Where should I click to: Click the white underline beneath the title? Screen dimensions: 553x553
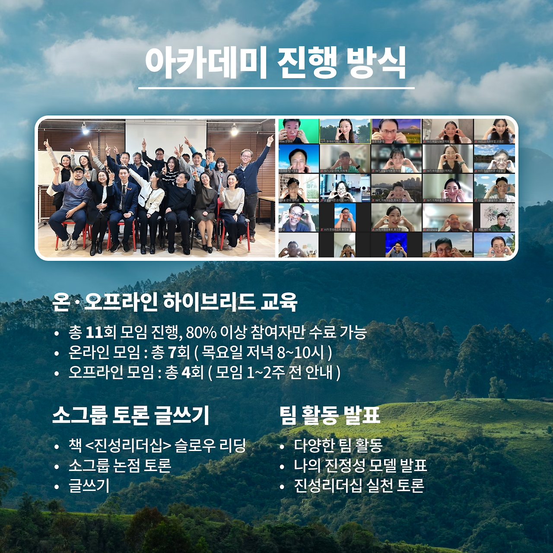[x=276, y=88]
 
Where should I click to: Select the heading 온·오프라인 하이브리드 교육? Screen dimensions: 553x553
[x=175, y=302]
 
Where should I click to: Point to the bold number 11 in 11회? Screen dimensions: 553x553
[x=94, y=332]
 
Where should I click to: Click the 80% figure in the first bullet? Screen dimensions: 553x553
[x=201, y=332]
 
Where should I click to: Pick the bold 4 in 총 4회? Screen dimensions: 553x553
[x=187, y=372]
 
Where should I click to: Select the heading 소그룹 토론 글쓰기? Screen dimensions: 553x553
[x=130, y=415]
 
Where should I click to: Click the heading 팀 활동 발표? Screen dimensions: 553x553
[x=329, y=415]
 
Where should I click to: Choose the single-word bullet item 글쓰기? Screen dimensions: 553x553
[x=89, y=486]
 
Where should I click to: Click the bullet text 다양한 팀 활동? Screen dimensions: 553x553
[x=338, y=445]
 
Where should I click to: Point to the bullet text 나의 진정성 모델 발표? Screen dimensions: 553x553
[x=360, y=466]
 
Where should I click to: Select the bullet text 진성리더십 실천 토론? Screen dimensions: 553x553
[x=359, y=486]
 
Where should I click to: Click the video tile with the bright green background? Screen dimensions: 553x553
[x=299, y=131]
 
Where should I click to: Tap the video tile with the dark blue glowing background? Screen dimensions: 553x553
[x=396, y=245]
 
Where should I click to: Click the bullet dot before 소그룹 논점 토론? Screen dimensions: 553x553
[x=57, y=467]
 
